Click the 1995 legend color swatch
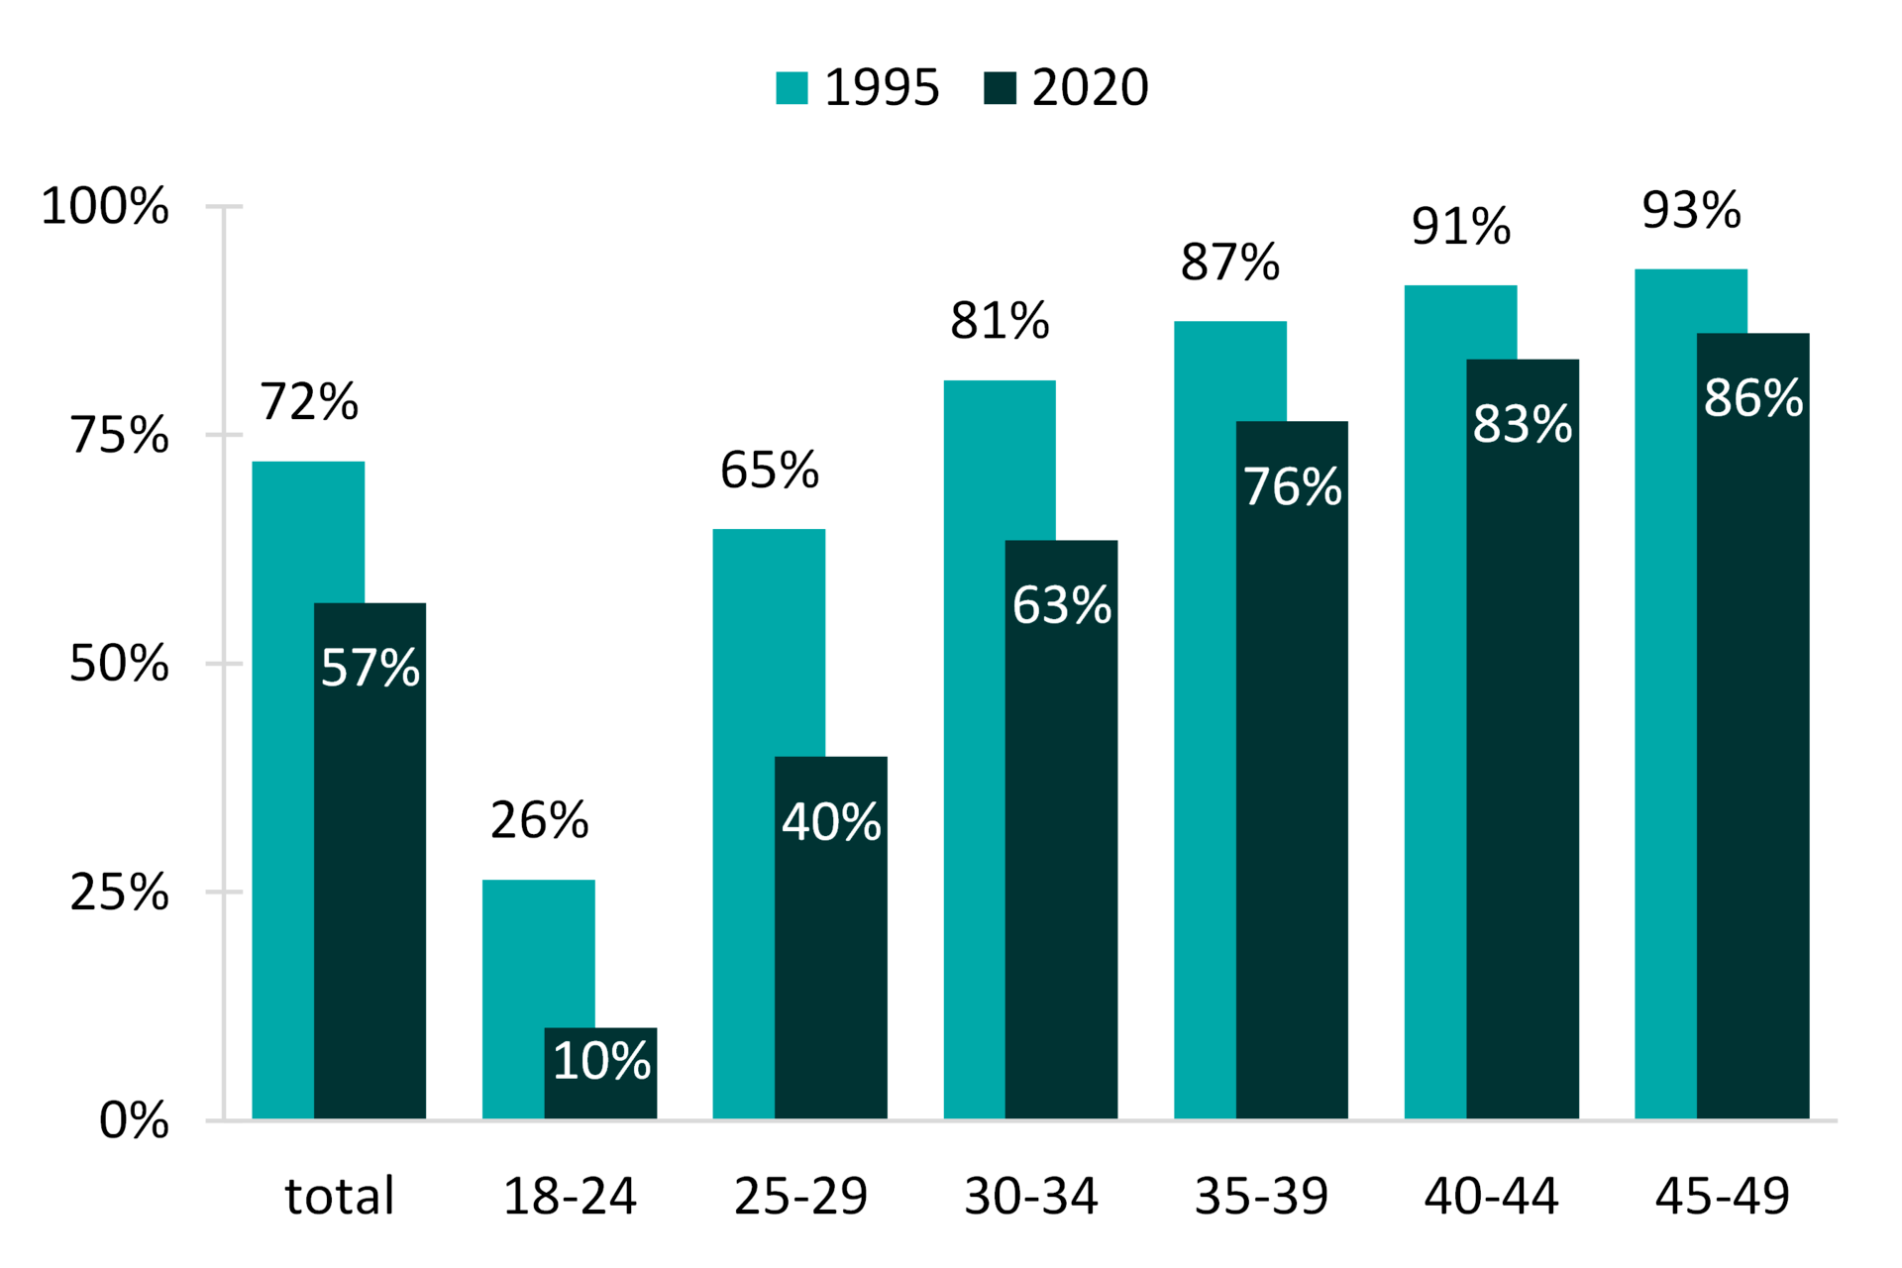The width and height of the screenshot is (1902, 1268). pyautogui.click(x=792, y=88)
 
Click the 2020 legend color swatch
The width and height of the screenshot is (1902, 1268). pyautogui.click(x=1000, y=88)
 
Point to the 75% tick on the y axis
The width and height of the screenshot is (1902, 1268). pyautogui.click(x=225, y=435)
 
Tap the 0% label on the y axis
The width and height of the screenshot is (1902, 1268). pyautogui.click(x=134, y=1120)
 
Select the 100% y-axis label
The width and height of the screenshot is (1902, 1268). pyautogui.click(x=105, y=207)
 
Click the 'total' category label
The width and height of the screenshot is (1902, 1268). pyautogui.click(x=339, y=1196)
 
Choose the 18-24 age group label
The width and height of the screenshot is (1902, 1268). pyautogui.click(x=570, y=1196)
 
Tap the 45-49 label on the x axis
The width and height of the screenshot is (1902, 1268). pyautogui.click(x=1722, y=1196)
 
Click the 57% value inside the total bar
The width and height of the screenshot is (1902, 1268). pyautogui.click(x=370, y=668)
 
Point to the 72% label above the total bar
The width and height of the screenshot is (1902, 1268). pyautogui.click(x=309, y=402)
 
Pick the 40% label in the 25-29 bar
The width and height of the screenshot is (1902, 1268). pyautogui.click(x=831, y=822)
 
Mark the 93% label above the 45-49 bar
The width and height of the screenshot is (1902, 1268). pyautogui.click(x=1691, y=210)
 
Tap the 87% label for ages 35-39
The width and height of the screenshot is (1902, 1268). pyautogui.click(x=1229, y=263)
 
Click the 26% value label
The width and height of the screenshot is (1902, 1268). pyautogui.click(x=539, y=820)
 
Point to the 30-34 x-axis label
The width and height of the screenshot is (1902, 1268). pyautogui.click(x=1030, y=1196)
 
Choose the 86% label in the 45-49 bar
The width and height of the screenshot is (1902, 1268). pyautogui.click(x=1752, y=398)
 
